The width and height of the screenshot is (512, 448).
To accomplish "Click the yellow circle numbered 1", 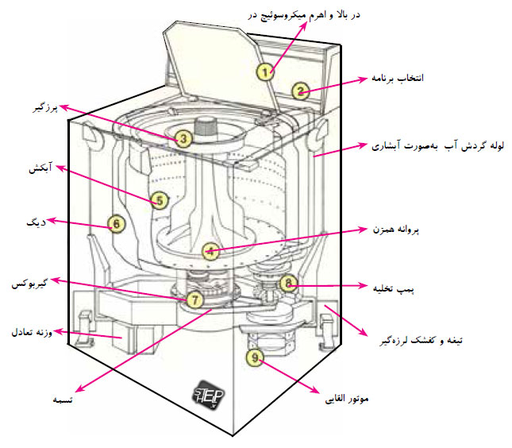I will coord(266,70).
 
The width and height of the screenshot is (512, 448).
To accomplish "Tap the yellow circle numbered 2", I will coord(300,91).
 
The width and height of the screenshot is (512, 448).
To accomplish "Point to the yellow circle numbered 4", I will coord(209,251).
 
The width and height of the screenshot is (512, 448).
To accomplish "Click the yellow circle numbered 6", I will coord(116,224).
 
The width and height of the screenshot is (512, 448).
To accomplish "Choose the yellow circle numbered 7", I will coord(195,299).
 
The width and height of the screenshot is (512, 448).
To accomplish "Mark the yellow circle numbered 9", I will coord(254,359).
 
